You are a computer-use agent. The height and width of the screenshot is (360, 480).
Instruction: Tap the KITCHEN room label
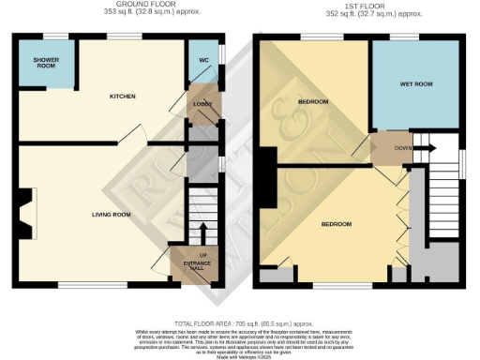pos(123,97)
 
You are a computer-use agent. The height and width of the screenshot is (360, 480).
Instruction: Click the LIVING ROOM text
pos(111,215)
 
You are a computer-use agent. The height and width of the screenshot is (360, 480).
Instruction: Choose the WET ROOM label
pos(414,84)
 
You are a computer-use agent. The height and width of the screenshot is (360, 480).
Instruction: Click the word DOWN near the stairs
pos(401,147)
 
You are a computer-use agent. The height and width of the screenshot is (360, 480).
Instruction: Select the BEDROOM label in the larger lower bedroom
pos(336,225)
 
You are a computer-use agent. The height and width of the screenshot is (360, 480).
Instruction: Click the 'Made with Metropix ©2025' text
pos(240,354)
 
